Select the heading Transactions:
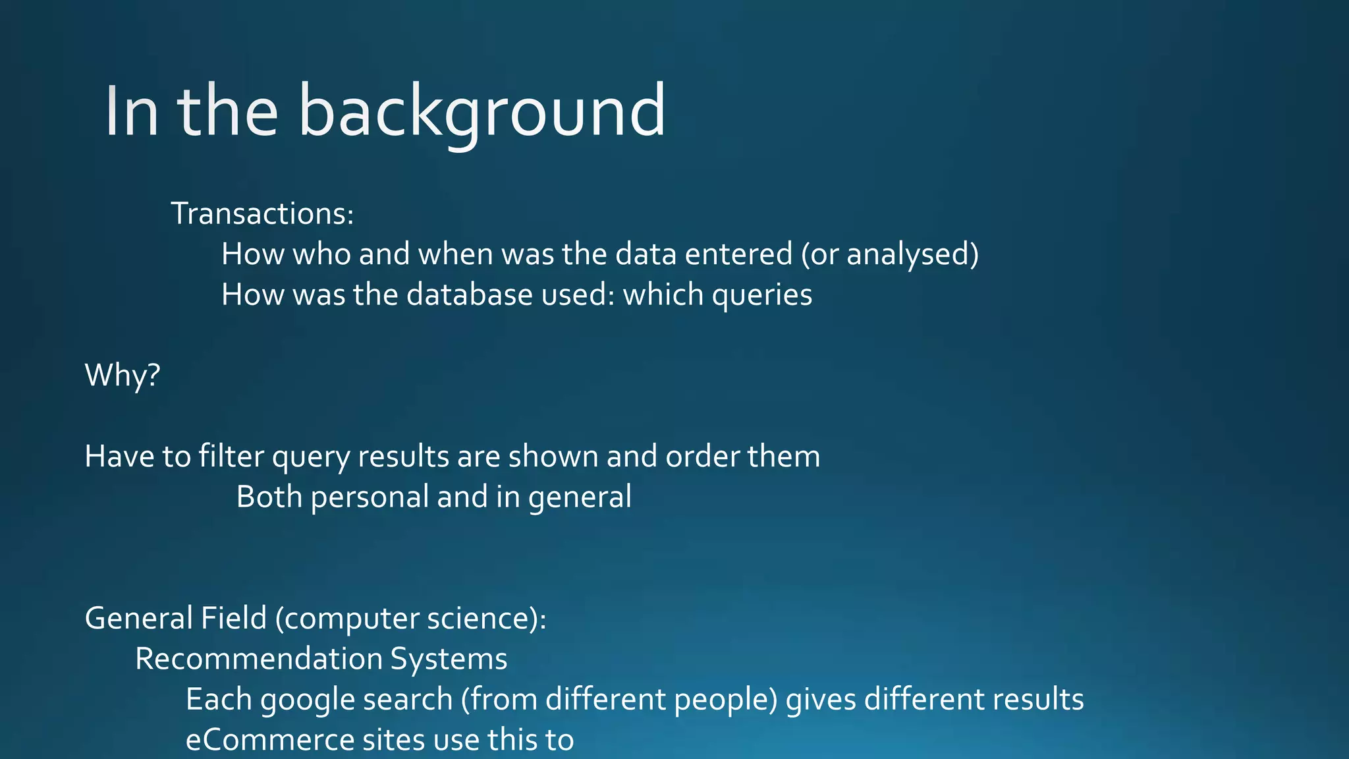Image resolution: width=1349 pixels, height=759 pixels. pyautogui.click(x=262, y=213)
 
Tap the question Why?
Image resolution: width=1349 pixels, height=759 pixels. pyautogui.click(x=123, y=376)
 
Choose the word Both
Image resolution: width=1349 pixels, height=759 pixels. pyautogui.click(x=269, y=497)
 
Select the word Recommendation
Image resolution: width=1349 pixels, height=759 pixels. pyautogui.click(x=259, y=659)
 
